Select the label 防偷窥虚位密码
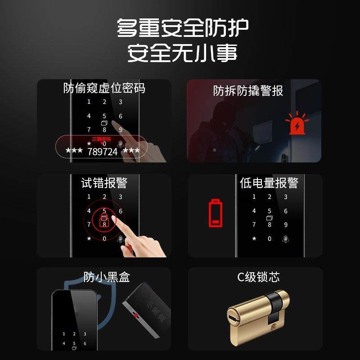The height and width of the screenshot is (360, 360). click(x=104, y=88)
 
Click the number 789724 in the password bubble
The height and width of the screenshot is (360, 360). click(x=102, y=152)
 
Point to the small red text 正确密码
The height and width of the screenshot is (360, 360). click(x=101, y=139)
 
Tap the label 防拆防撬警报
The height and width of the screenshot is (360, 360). click(x=248, y=91)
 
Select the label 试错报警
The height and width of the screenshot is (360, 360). click(x=104, y=183)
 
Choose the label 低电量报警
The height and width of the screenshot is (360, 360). click(x=269, y=183)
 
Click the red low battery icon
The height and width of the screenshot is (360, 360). click(x=215, y=213)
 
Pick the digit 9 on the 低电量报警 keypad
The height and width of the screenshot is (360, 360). click(x=285, y=225)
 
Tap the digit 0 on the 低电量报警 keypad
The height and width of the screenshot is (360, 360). click(x=270, y=239)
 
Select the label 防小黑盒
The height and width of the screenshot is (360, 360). click(x=107, y=277)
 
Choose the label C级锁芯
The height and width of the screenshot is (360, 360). click(x=258, y=277)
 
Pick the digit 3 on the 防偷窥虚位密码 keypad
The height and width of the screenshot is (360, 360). click(x=120, y=102)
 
